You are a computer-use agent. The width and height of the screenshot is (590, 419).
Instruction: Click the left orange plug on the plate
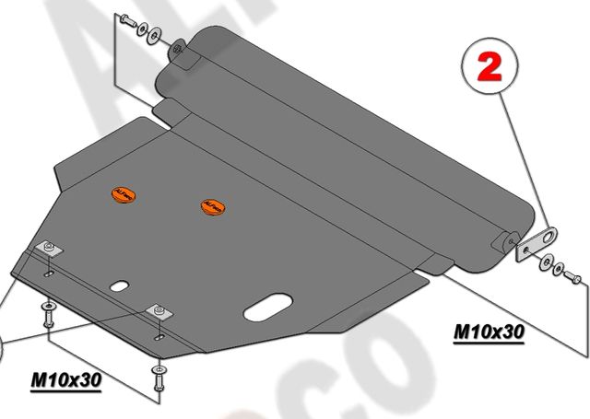pyautogui.click(x=123, y=194)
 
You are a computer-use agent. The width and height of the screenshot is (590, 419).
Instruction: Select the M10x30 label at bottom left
pyautogui.click(x=66, y=378)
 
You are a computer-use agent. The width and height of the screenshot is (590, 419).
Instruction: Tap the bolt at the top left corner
pyautogui.click(x=126, y=20)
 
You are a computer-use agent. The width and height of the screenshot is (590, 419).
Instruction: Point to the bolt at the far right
pyautogui.click(x=571, y=274)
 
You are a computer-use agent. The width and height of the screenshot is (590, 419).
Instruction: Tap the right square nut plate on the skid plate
pyautogui.click(x=159, y=311)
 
